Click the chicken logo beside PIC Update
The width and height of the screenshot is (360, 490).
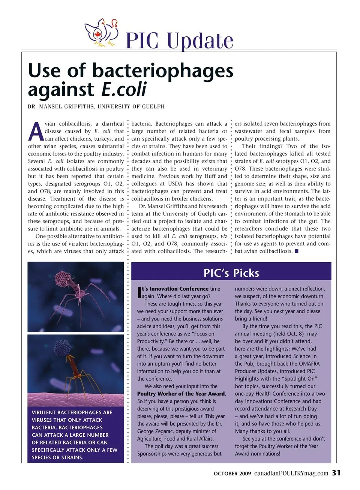pos(102,33)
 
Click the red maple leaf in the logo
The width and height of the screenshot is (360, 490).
pos(98,34)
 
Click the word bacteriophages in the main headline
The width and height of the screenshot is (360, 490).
pos(163,71)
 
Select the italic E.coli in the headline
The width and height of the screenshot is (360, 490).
pos(124,90)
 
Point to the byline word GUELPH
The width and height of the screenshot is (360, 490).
pos(153,107)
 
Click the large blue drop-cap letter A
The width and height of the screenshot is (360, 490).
pos(36,132)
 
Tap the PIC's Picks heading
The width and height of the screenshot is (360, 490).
pos(231,273)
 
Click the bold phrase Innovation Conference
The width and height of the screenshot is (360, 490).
pos(179,289)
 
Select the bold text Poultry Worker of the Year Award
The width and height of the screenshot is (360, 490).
pos(181,394)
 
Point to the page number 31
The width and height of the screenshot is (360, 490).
pos(336,473)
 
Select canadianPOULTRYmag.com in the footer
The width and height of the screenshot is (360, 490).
pos(291,473)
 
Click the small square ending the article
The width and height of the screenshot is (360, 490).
pos(297,251)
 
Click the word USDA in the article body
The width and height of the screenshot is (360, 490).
pos(175,184)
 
